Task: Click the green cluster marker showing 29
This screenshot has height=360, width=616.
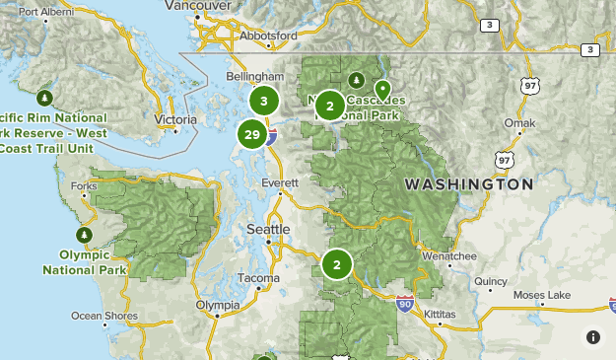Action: [252, 134]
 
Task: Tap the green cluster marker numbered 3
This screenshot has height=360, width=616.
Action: [264, 101]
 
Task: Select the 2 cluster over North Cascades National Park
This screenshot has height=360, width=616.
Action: [330, 106]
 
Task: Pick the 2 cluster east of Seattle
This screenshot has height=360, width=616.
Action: [337, 264]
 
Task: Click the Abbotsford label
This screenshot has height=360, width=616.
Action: [266, 36]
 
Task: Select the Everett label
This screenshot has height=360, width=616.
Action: [279, 183]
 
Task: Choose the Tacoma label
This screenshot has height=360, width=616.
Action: [259, 278]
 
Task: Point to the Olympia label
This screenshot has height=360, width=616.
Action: [218, 306]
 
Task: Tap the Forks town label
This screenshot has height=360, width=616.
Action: [84, 185]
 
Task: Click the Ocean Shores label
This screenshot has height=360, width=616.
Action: [103, 316]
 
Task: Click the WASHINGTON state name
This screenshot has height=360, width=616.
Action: [468, 184]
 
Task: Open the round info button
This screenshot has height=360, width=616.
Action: [593, 337]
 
